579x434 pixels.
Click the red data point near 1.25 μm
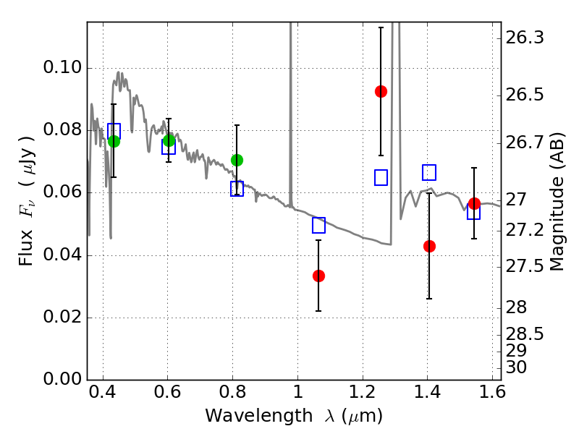tap(381, 92)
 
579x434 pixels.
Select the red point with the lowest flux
tap(318, 276)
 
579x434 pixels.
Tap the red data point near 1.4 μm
tap(429, 246)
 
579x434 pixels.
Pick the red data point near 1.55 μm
tap(474, 203)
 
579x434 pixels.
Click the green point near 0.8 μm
tap(237, 160)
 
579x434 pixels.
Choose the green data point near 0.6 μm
tap(169, 140)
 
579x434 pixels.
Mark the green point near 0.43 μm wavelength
tap(114, 141)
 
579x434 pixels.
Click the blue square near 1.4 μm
tap(429, 172)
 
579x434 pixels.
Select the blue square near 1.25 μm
tap(381, 177)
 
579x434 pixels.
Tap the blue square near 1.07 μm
tap(318, 225)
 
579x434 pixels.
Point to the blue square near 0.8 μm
tap(237, 189)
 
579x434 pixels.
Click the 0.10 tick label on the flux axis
tap(62, 67)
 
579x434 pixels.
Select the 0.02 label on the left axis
tap(62, 317)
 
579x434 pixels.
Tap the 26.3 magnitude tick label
tap(525, 38)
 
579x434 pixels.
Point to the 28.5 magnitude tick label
tap(525, 334)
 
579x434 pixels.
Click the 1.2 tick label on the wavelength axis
tap(363, 392)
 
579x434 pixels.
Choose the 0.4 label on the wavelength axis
tap(103, 392)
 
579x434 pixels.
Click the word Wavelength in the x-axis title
tap(259, 416)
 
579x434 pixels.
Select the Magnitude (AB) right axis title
tap(557, 203)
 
